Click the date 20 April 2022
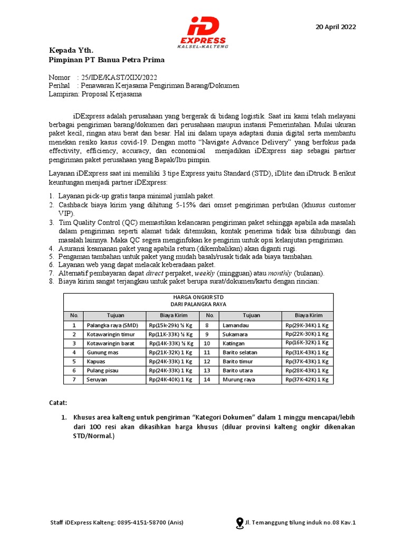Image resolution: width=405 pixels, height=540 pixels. pyautogui.click(x=335, y=27)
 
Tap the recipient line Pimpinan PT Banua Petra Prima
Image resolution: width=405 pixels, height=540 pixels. pyautogui.click(x=107, y=60)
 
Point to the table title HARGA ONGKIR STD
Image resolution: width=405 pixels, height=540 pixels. pyautogui.click(x=198, y=297)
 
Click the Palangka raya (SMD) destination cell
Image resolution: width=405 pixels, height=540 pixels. pyautogui.click(x=112, y=325)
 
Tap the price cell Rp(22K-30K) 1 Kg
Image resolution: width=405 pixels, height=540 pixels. pyautogui.click(x=307, y=334)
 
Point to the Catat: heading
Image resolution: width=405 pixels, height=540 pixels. pyautogui.click(x=58, y=403)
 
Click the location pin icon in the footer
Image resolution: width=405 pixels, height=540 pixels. pyautogui.click(x=239, y=523)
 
